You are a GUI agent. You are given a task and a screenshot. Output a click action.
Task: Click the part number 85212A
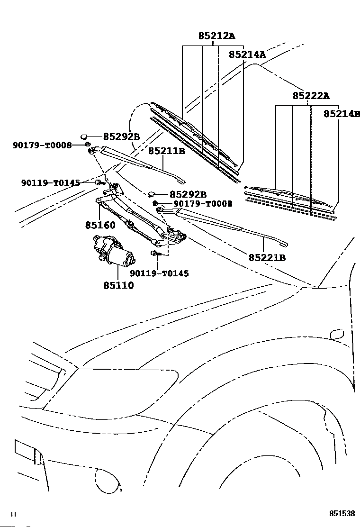click(x=216, y=36)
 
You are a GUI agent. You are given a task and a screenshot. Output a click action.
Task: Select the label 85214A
click(x=247, y=55)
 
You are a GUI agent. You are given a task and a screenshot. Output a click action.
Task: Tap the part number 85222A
click(x=311, y=96)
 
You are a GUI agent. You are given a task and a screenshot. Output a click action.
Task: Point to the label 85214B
click(x=342, y=114)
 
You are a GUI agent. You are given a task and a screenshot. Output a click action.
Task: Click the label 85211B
click(x=166, y=151)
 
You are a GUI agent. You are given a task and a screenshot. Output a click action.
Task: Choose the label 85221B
click(x=267, y=257)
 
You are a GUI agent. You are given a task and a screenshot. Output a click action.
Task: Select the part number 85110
click(x=118, y=285)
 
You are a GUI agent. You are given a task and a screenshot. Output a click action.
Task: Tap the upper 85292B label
click(x=121, y=137)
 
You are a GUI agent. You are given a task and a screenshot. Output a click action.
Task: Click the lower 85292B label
click(x=188, y=194)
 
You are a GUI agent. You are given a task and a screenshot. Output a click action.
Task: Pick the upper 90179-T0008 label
click(x=42, y=145)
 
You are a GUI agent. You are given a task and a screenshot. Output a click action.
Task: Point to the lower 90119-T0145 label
click(x=159, y=273)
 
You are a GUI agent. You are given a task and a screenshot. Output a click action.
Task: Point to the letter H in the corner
click(x=13, y=514)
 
